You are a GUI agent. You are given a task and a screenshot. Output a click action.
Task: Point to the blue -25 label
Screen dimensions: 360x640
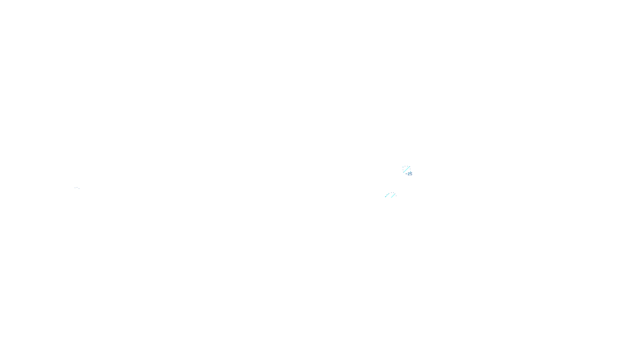click(409, 174)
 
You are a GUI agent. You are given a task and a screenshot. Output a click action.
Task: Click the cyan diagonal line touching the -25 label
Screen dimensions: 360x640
click(406, 169)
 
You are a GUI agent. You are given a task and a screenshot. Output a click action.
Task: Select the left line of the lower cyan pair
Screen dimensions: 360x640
click(387, 195)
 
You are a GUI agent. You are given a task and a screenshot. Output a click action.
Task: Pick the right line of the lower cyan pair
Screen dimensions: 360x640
click(393, 195)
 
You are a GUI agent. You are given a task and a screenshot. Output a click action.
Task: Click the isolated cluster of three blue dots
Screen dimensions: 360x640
click(77, 188)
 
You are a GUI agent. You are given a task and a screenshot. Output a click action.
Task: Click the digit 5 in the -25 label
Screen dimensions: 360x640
click(411, 174)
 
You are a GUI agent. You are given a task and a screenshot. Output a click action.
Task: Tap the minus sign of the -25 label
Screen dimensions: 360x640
click(406, 174)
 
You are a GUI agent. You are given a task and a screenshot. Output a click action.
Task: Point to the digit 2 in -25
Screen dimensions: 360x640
click(409, 174)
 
